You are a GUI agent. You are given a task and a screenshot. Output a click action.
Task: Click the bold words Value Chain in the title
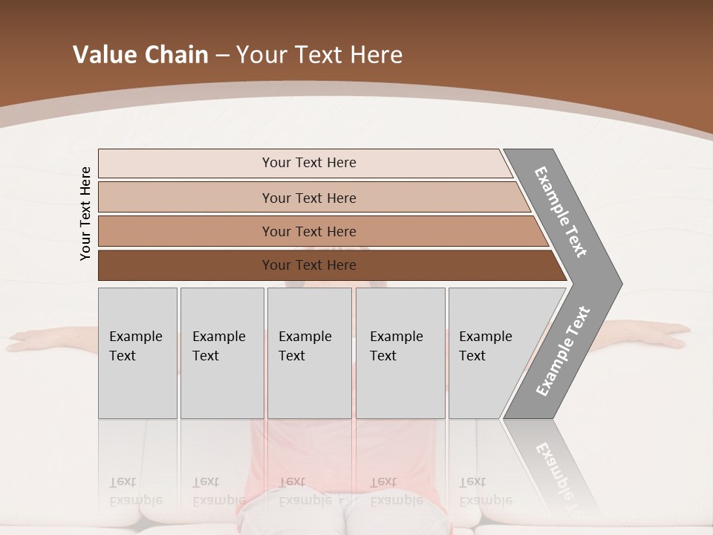[x=140, y=55]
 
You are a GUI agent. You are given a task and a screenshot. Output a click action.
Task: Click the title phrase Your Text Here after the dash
[x=319, y=55]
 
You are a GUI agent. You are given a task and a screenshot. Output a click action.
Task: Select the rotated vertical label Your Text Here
[x=85, y=213]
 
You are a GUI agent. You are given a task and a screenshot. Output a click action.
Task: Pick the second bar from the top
[x=308, y=198]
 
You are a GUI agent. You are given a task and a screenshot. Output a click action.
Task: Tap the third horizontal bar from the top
[x=308, y=231]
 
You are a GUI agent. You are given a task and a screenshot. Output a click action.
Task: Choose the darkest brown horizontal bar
[x=308, y=265]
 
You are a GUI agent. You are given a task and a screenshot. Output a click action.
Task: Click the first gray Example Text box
[x=137, y=353]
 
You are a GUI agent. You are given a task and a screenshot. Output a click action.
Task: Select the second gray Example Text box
[x=222, y=353]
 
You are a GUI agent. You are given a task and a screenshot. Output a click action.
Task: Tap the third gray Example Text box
[x=309, y=353]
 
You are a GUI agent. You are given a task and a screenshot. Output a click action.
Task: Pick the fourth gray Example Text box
[x=400, y=353]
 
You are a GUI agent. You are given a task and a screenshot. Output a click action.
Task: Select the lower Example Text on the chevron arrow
[x=563, y=351]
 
